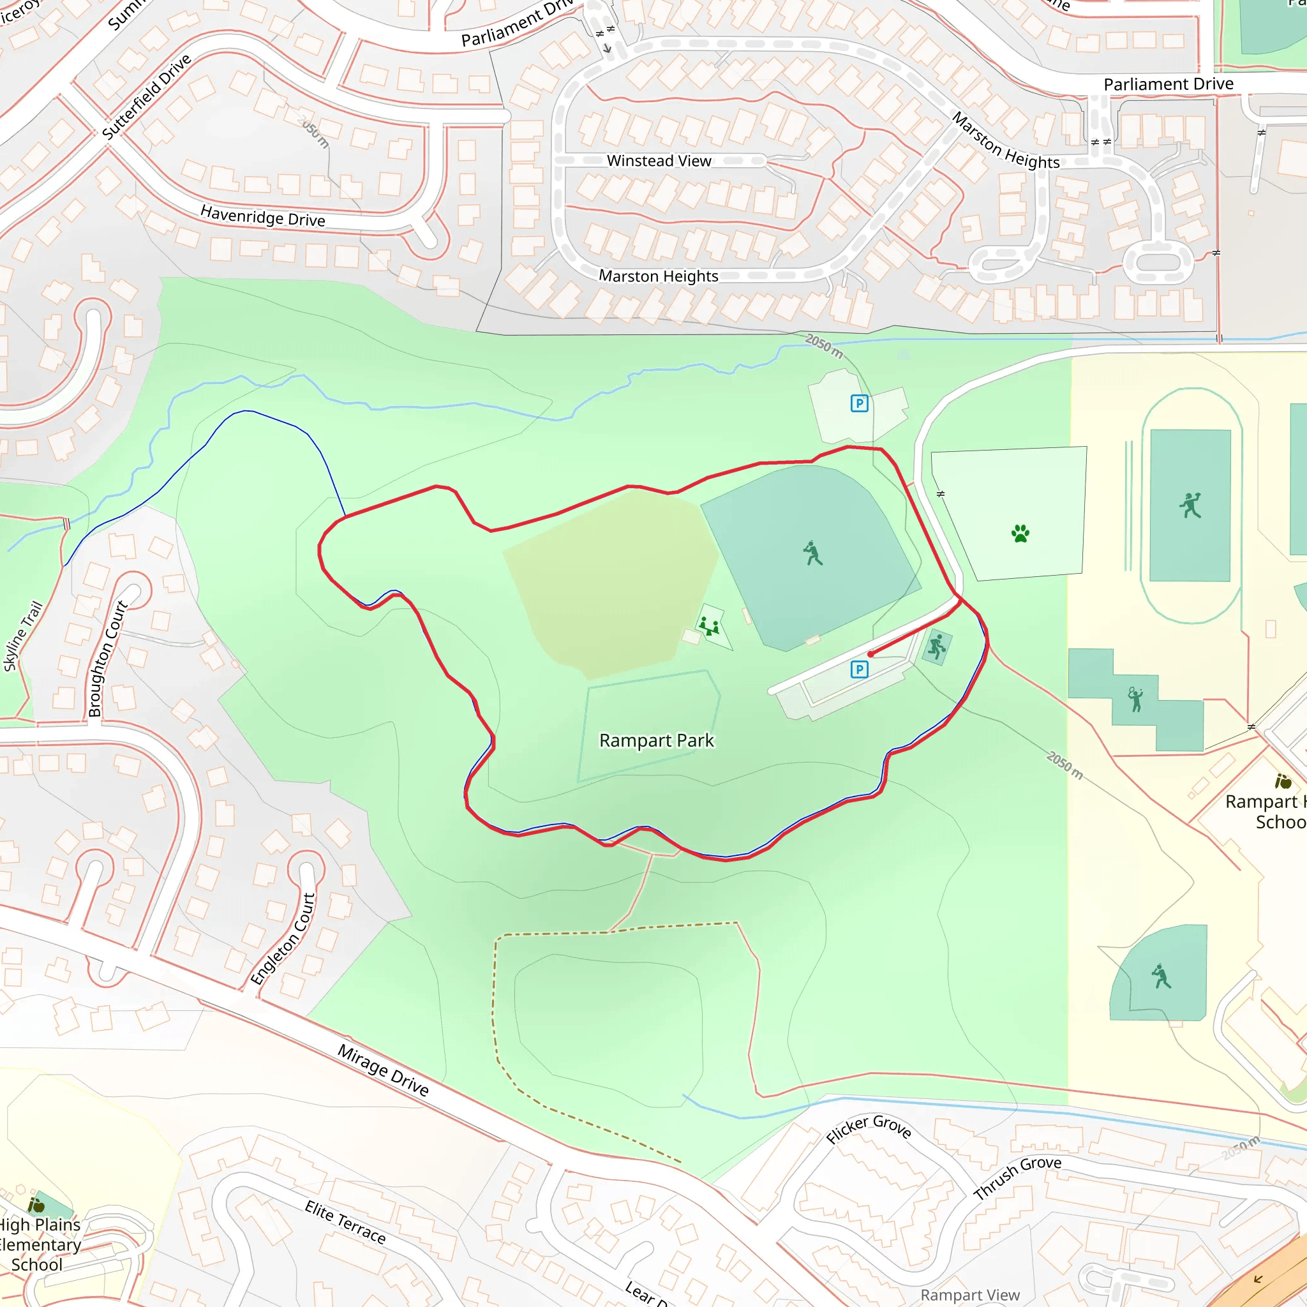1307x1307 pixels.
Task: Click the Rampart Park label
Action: click(x=656, y=741)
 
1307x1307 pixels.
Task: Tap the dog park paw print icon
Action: click(x=1020, y=534)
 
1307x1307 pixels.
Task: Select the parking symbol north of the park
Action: click(x=859, y=404)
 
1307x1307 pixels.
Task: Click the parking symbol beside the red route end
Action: click(x=859, y=669)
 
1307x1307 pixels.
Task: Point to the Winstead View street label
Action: click(x=659, y=161)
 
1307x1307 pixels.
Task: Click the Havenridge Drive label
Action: click(x=262, y=217)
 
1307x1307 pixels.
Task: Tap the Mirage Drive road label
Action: click(x=383, y=1070)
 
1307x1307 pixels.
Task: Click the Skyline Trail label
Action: click(x=23, y=636)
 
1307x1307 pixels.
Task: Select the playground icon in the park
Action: click(x=709, y=627)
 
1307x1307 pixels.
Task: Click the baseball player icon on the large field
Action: click(x=812, y=553)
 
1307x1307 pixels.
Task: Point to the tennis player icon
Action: click(x=1136, y=699)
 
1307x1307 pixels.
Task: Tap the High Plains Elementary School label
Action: click(x=38, y=1244)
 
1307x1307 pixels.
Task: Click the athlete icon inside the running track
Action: click(x=1190, y=505)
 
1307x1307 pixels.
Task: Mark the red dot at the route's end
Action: click(x=870, y=654)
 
